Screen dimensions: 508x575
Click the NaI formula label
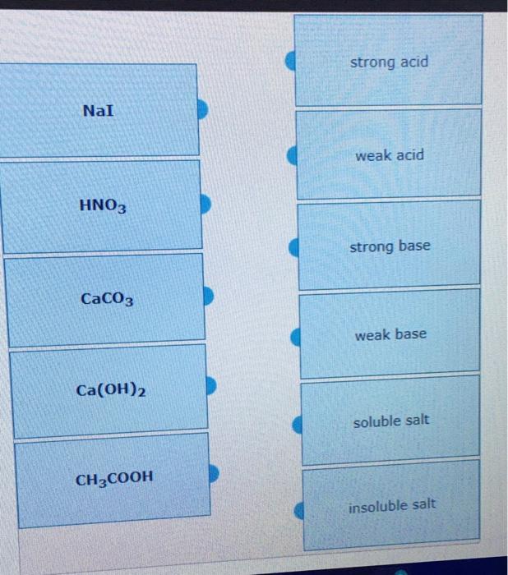coord(99,109)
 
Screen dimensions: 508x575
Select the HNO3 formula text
coord(103,205)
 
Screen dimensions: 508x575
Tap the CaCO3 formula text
coord(107,298)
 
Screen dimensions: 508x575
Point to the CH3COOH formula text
coord(114,478)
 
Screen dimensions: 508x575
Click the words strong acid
coord(389,62)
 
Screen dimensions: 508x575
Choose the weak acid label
coord(390,155)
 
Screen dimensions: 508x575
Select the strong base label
coord(390,246)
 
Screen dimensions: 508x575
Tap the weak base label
coord(390,335)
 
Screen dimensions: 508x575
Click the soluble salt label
coord(391,421)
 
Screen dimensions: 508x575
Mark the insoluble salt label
coord(392,505)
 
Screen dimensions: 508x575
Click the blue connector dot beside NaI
coord(205,108)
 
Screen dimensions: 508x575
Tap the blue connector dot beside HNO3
coord(208,204)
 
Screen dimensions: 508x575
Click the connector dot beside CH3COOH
coord(214,474)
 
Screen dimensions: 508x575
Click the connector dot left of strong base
coord(293,248)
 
